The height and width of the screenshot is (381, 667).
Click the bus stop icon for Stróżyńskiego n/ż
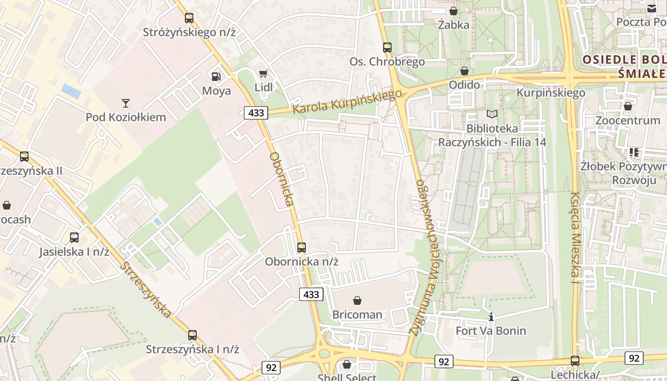point(189,18)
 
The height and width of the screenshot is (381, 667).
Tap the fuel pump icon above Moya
point(216,76)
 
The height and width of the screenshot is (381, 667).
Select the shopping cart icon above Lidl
point(263,73)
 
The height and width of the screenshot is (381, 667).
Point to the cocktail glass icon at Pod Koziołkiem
point(126,103)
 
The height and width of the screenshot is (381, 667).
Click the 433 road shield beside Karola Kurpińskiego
point(256,113)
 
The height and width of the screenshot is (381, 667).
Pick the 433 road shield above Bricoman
point(311,294)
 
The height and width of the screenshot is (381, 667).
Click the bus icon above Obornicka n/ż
point(302,248)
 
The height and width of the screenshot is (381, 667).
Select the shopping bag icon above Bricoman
point(357,301)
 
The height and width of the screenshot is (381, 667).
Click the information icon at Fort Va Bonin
point(491,317)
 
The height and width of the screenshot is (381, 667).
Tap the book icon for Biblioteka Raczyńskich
point(492,114)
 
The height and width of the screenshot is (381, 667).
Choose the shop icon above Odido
point(465,71)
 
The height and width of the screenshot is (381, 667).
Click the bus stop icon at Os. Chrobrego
point(387,48)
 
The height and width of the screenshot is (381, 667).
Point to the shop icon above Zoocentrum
point(628,106)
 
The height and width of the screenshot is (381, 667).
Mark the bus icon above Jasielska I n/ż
point(74,238)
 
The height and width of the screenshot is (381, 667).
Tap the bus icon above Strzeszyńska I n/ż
point(192,335)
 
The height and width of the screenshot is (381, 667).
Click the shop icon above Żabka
point(454,10)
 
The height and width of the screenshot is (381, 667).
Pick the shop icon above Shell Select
point(347,364)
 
